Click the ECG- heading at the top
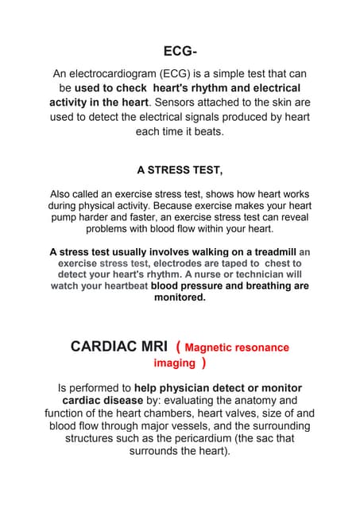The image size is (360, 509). click(x=180, y=52)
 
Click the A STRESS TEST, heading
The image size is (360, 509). click(x=180, y=169)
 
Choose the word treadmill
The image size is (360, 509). click(x=270, y=252)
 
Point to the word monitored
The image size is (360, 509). click(x=180, y=297)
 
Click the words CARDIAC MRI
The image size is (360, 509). click(x=119, y=347)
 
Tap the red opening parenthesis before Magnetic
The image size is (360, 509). click(x=178, y=347)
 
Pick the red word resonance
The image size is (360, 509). click(x=261, y=348)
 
